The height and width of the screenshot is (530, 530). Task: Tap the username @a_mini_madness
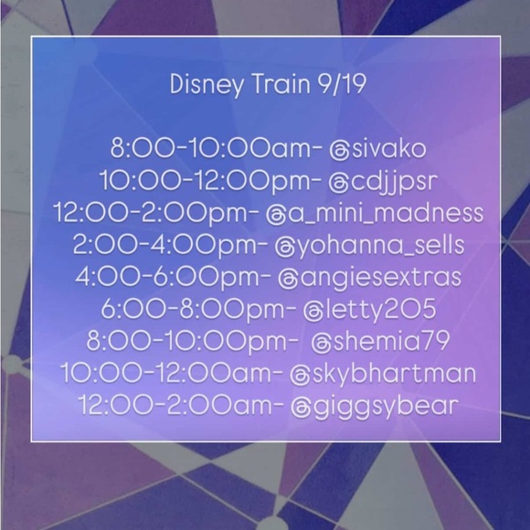[373, 214]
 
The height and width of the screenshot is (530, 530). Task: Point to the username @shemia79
[366, 342]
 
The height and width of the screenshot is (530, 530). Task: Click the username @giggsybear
[369, 406]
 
